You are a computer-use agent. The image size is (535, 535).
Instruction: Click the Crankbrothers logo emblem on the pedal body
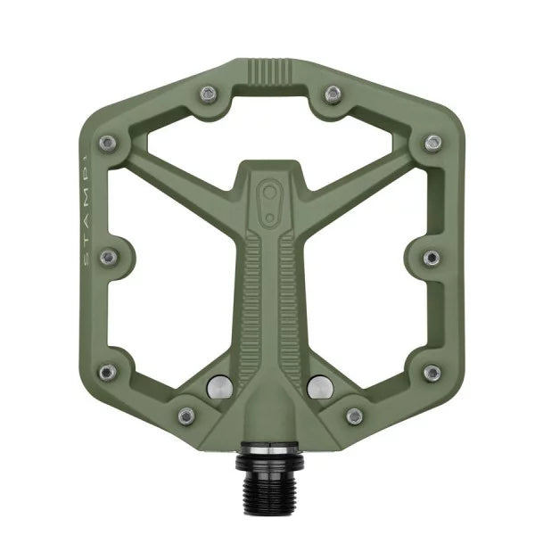(x=268, y=199)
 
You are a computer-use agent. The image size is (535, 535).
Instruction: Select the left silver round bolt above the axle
(x=219, y=386)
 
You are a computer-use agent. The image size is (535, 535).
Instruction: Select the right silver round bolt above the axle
(x=319, y=386)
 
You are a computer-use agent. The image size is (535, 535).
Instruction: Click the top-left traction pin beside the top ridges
(x=207, y=93)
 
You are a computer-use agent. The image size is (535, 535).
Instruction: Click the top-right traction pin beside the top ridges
(x=332, y=93)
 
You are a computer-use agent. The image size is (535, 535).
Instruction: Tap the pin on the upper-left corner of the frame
(x=107, y=142)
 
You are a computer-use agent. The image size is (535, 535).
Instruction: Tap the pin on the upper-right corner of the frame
(x=432, y=142)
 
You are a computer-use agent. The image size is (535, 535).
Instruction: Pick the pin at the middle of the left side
(x=109, y=257)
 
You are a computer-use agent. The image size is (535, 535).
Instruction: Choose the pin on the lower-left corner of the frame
(x=107, y=372)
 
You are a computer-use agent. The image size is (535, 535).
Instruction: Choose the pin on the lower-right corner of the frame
(x=432, y=372)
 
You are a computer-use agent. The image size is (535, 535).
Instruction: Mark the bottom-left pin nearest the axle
(x=185, y=416)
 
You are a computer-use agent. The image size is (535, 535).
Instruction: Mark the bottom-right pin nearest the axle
(x=354, y=416)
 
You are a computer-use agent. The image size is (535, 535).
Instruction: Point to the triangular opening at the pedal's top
(x=268, y=134)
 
